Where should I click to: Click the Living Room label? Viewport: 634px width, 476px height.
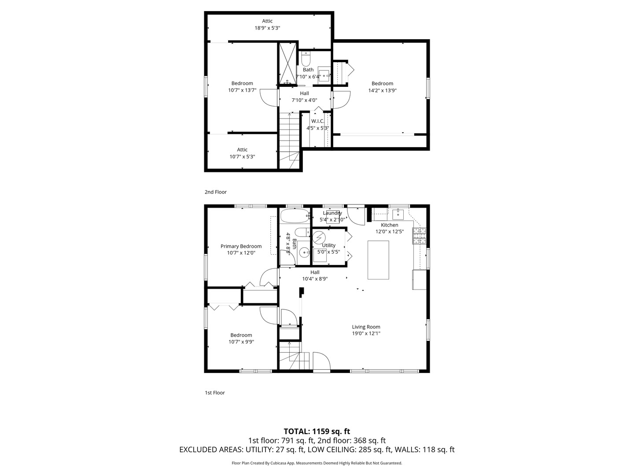coord(366,327)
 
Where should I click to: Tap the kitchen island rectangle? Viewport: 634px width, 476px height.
coord(378,260)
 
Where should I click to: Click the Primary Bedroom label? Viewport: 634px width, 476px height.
coord(241,246)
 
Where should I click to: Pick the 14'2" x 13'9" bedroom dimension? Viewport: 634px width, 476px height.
coord(382,90)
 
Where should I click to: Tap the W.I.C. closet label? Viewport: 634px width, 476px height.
coord(318,121)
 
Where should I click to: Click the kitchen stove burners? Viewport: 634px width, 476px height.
coord(419,235)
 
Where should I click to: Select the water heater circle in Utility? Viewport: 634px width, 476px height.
coord(319,237)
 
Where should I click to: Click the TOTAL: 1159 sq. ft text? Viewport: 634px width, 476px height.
coord(317,431)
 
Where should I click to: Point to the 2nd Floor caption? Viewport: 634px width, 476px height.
coord(215,192)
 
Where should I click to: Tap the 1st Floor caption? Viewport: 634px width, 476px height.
coord(214,392)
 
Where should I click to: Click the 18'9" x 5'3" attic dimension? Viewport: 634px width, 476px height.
coord(267,28)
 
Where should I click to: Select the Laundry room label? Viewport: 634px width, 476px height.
coord(332,213)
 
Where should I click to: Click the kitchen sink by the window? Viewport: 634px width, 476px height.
coord(398,214)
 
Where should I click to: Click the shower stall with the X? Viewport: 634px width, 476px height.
coord(288,63)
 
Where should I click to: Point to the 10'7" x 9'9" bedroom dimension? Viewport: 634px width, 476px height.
coord(241,342)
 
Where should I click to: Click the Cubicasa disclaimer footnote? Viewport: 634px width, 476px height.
coord(317,463)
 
